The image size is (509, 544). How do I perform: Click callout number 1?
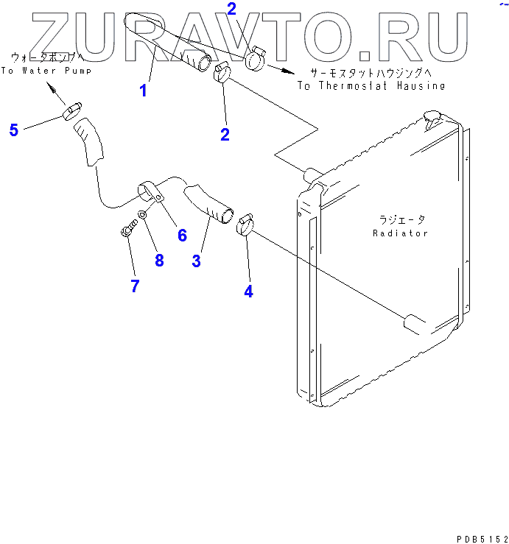coord(144,91)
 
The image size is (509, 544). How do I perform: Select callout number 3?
coord(196,261)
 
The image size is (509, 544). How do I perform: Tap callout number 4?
coord(248,291)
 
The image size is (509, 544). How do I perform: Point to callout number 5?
coord(14,130)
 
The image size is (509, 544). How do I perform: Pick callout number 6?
coord(182,235)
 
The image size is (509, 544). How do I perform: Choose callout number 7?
coord(135,286)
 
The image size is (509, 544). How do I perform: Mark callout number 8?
coord(158,260)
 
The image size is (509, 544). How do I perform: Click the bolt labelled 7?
coord(127,230)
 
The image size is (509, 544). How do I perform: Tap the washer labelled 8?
coord(144,216)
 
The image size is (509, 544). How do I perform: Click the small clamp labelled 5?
coord(71,111)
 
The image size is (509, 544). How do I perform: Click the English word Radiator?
coord(400,233)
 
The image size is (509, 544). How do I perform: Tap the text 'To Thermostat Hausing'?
coord(371,85)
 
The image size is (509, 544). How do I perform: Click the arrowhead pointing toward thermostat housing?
coord(288,72)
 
